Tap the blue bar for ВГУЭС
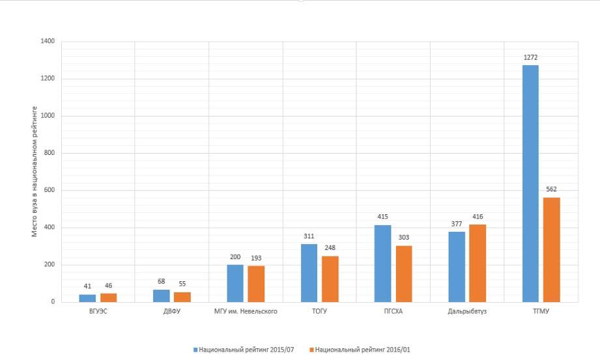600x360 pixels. pyautogui.click(x=87, y=298)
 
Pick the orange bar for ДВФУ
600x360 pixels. pyautogui.click(x=182, y=297)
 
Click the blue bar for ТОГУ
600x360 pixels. pyautogui.click(x=309, y=273)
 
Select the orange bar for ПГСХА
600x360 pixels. pyautogui.click(x=404, y=273)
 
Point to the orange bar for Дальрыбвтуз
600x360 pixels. pyautogui.click(x=478, y=263)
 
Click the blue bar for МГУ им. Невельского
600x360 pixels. pyautogui.click(x=235, y=283)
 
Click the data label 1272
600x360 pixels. pyautogui.click(x=530, y=58)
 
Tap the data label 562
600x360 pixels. pyautogui.click(x=551, y=189)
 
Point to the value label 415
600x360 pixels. pyautogui.click(x=382, y=217)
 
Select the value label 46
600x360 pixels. pyautogui.click(x=108, y=286)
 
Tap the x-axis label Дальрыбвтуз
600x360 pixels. pyautogui.click(x=467, y=312)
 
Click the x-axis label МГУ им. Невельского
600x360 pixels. pyautogui.click(x=246, y=312)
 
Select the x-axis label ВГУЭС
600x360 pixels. pyautogui.click(x=98, y=312)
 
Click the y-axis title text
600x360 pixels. pyautogui.click(x=35, y=171)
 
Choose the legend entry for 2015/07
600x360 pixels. pyautogui.click(x=244, y=350)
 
